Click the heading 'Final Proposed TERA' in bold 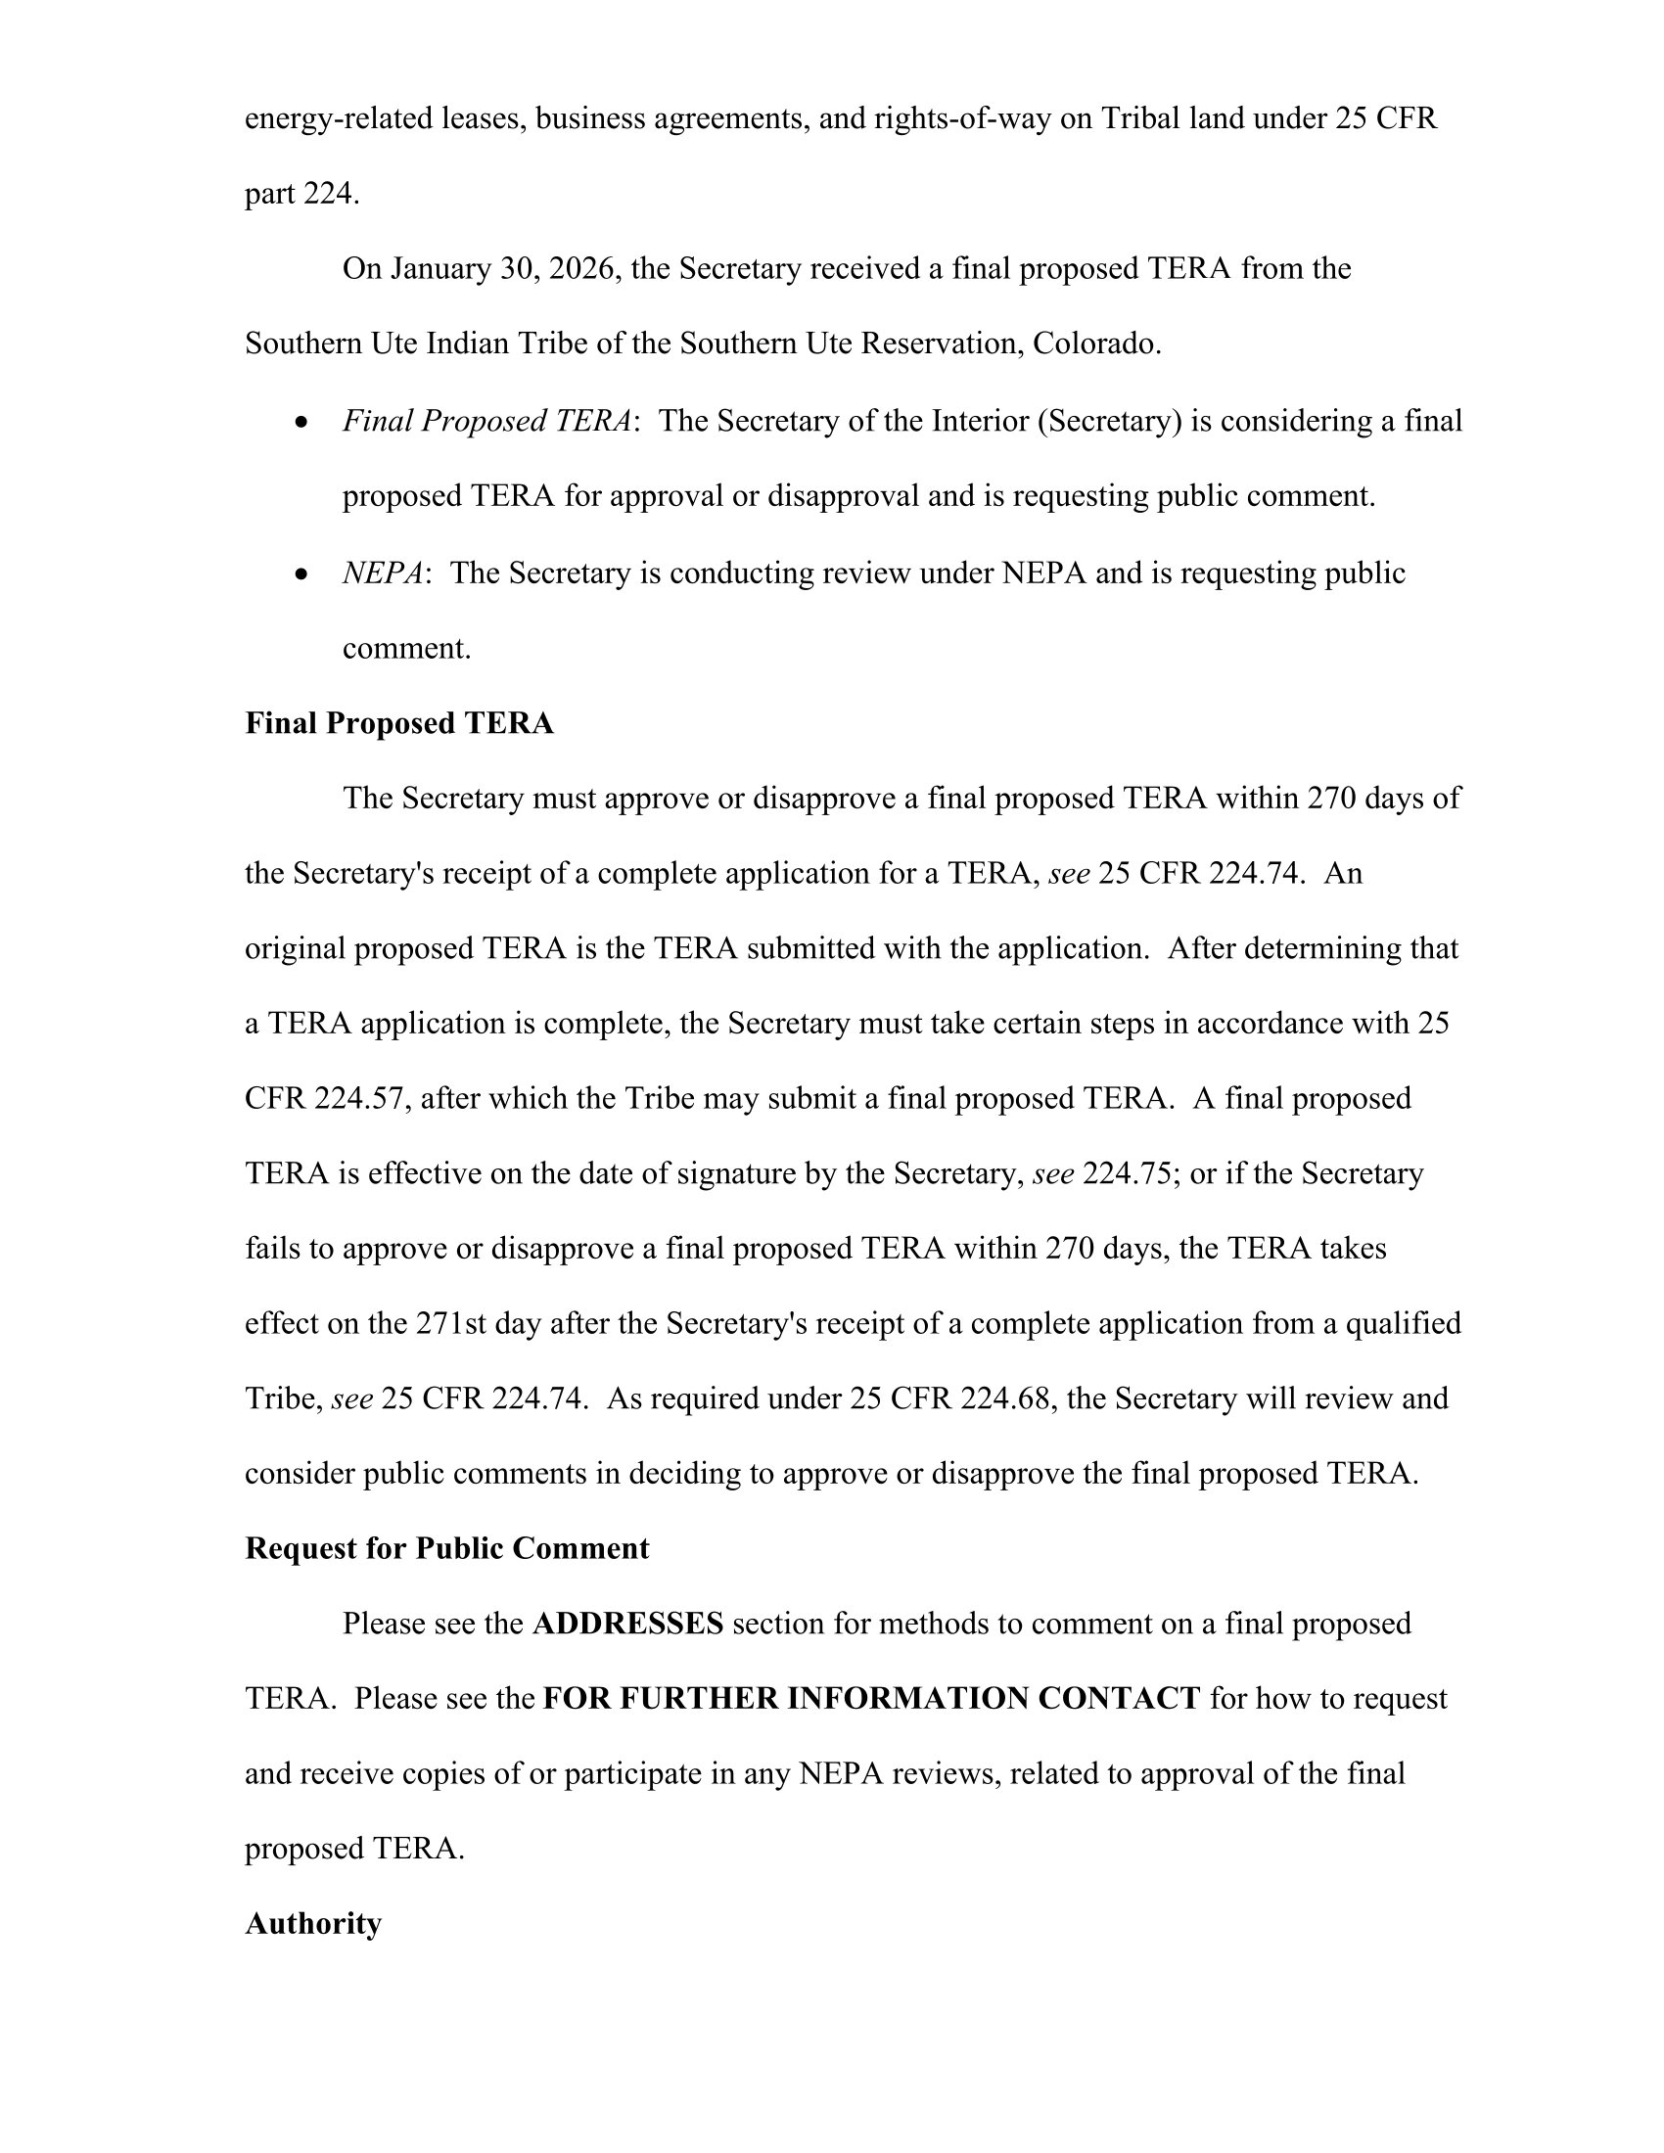398,723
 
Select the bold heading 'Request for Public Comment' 446,1549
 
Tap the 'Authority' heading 312,1923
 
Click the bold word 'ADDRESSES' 628,1624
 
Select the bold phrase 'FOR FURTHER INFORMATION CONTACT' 871,1699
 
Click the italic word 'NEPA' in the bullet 383,573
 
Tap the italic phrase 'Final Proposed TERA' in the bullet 486,421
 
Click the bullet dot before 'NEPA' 301,574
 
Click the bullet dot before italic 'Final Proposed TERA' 301,423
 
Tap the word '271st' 450,1324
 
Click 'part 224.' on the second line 301,194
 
